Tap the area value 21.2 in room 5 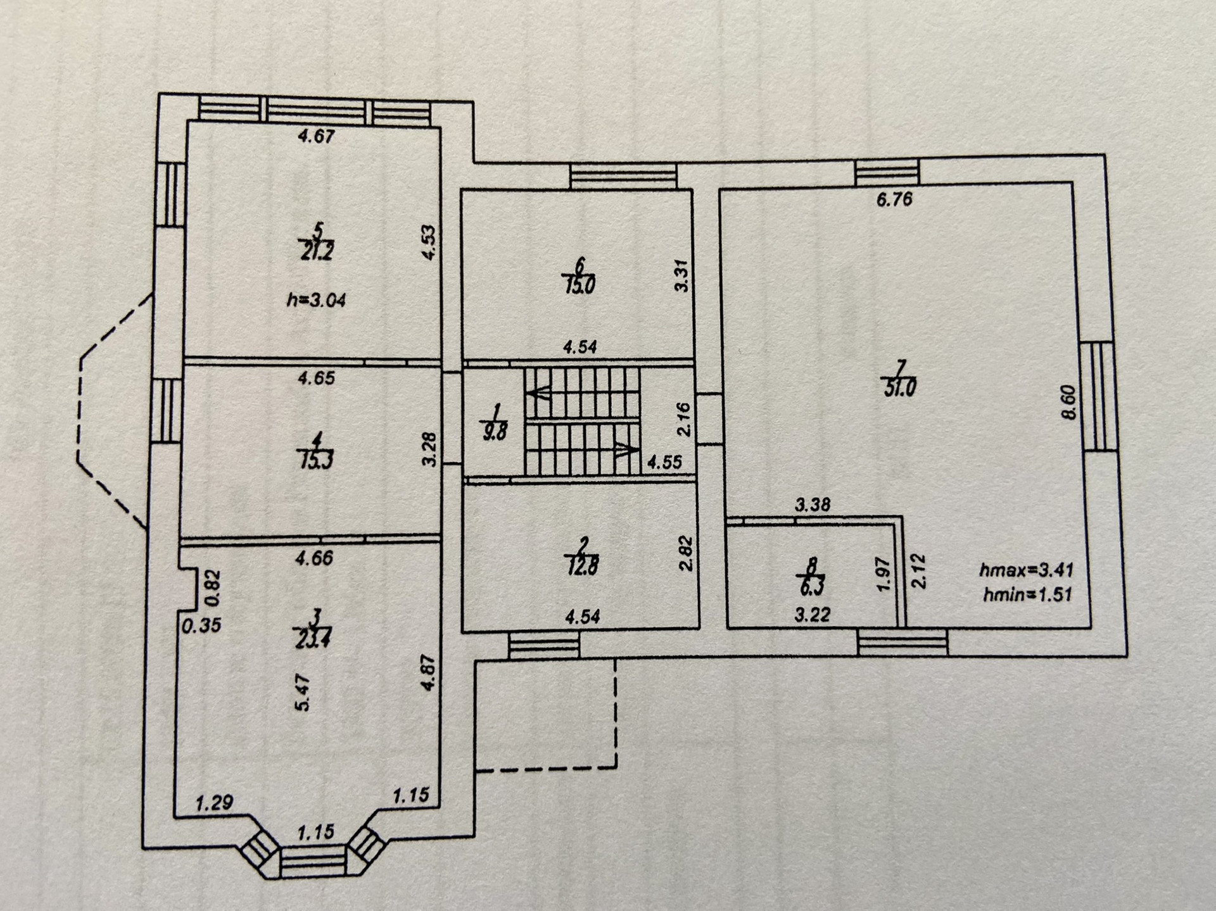click(x=317, y=252)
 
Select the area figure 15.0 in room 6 click(x=579, y=286)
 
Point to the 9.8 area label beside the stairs click(x=494, y=434)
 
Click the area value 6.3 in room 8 click(x=812, y=587)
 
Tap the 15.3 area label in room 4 click(x=315, y=460)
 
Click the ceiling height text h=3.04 click(x=317, y=299)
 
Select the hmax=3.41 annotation click(x=1027, y=570)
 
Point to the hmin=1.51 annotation click(x=1027, y=594)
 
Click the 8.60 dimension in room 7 click(x=1069, y=403)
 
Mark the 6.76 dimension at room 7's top click(x=894, y=199)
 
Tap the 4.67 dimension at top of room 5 click(x=315, y=135)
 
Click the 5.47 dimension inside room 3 click(x=303, y=693)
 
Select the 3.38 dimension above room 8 click(x=813, y=505)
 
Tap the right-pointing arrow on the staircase click(x=626, y=449)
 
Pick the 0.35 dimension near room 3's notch click(x=201, y=625)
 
